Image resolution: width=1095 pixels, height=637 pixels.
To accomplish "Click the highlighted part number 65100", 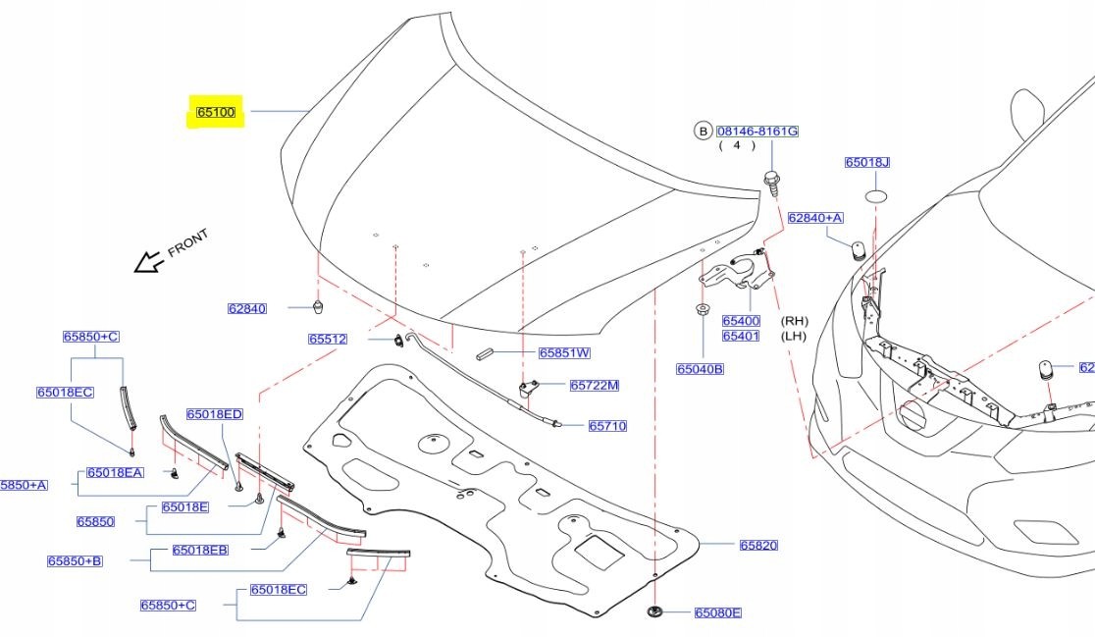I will tap(216, 113).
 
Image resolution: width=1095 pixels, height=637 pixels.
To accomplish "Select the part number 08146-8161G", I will tap(756, 131).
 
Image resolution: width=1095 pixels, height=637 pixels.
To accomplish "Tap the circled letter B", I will tap(703, 131).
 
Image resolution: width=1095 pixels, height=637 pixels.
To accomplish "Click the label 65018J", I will tap(867, 162).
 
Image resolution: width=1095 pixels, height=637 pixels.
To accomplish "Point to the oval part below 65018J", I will tap(875, 196).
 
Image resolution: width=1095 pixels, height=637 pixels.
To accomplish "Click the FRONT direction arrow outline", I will tap(148, 261).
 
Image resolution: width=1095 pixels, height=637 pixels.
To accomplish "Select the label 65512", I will tap(328, 340).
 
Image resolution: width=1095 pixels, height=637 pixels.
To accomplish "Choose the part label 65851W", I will tap(564, 352).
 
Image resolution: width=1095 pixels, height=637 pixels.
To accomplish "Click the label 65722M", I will tap(594, 385).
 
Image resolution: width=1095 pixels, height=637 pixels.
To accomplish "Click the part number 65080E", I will tap(717, 612).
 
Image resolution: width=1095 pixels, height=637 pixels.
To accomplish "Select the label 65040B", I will tap(700, 369).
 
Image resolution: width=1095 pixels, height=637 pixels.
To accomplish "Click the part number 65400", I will tap(741, 321).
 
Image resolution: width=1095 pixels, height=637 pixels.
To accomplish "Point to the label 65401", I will tap(741, 336).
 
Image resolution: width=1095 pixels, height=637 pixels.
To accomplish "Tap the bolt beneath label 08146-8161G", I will tap(771, 183).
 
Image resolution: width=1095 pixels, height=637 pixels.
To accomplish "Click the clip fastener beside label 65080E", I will tap(654, 613).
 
